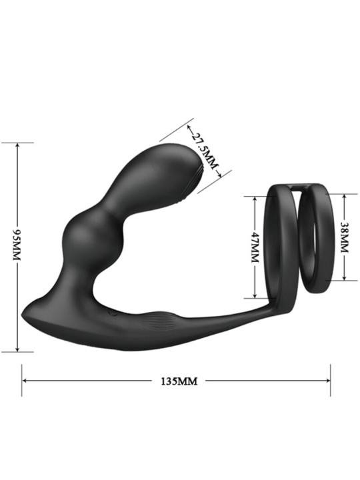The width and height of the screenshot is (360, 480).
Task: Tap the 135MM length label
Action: coord(177,382)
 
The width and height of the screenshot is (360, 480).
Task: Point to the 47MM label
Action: coord(254,247)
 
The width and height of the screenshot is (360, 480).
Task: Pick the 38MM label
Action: coord(345,237)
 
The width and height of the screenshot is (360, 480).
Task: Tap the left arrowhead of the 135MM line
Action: coord(25,381)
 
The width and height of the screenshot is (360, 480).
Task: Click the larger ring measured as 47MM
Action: coord(279,247)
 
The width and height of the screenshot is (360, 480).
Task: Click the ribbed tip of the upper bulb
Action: coord(198,181)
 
